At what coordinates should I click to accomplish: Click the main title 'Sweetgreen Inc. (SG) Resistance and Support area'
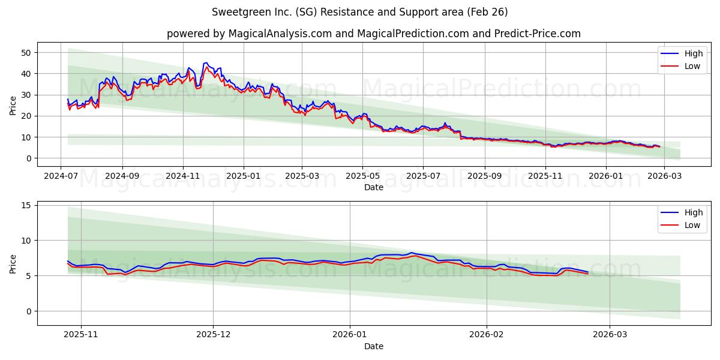point(360,12)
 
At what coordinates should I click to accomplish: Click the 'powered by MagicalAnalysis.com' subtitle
point(373,34)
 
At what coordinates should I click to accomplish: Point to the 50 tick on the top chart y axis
point(26,53)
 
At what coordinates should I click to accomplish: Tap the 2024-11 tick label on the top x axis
point(183,177)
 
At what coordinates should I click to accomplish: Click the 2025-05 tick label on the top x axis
point(362,177)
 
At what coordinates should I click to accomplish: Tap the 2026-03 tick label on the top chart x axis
point(664,177)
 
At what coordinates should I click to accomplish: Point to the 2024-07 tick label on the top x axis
point(61,177)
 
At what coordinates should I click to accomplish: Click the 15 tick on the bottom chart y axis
point(26,205)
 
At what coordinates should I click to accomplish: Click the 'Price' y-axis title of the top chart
point(13,104)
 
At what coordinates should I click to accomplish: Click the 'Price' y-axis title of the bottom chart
point(13,263)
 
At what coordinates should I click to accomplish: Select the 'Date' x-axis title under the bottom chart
point(373,346)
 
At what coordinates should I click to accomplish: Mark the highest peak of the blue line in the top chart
point(206,62)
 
